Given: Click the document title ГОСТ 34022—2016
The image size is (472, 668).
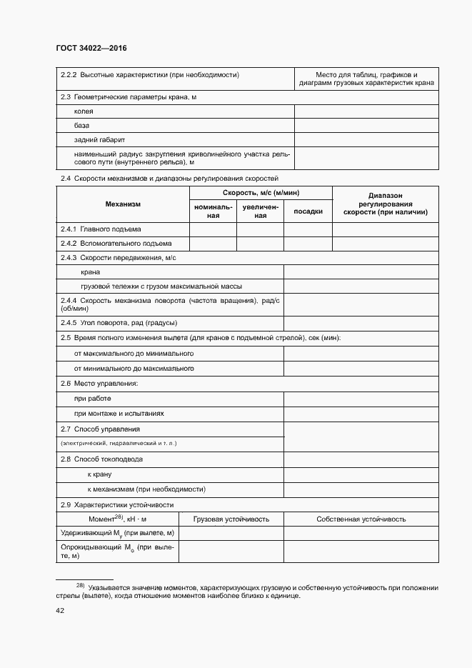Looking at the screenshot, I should point(91,48).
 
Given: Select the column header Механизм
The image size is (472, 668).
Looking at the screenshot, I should point(123,204).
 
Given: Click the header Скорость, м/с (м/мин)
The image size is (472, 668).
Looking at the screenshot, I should point(261,193).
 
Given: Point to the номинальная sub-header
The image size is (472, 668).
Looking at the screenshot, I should point(213,211).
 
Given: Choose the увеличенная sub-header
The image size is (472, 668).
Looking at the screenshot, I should point(260,211).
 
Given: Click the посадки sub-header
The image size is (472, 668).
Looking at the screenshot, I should point(308,211).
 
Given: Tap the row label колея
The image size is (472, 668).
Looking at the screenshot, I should point(84,111).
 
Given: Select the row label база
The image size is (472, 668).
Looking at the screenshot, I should point(81,125).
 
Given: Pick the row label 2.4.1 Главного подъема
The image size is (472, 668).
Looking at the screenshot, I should point(101,229).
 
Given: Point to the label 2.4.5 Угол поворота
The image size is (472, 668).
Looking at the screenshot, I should point(119,323).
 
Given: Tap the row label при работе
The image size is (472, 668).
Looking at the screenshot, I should point(92,399).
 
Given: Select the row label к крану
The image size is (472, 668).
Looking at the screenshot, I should point(99,474).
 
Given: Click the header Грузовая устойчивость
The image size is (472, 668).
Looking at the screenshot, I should point(231,519).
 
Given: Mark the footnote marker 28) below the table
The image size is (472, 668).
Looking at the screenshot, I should point(80,585).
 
